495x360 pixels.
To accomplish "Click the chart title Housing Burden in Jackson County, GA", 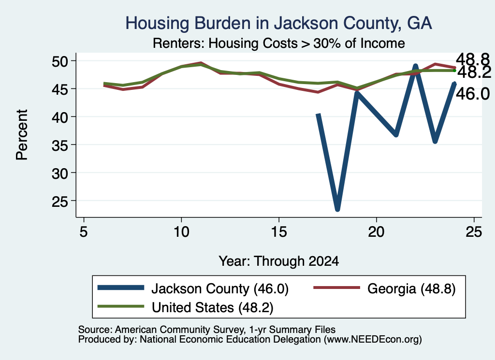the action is (278, 23).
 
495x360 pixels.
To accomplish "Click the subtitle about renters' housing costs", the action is (279, 43).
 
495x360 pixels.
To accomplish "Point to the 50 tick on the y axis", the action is (60, 61).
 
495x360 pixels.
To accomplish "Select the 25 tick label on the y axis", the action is (60, 201).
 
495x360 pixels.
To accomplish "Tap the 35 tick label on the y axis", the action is (60, 145).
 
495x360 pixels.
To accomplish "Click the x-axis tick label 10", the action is (181, 232).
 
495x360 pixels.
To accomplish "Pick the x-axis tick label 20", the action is (376, 232).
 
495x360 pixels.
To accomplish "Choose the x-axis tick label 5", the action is (84, 232).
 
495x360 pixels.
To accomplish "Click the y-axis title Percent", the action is (22, 135).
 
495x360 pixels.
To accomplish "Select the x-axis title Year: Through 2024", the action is (279, 261).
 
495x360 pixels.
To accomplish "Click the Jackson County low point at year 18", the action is (337, 209).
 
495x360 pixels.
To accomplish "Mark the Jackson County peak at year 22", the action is (415, 66).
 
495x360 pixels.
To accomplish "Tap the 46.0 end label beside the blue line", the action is (473, 94).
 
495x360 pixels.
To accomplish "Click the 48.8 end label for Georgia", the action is (473, 58).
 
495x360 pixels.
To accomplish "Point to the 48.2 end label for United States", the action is (474, 72).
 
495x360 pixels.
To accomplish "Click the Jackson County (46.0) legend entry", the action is (193, 288).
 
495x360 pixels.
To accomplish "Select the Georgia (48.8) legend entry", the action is (384, 288).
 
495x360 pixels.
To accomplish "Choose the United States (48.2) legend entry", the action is (185, 307).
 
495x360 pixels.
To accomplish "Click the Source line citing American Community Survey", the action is (207, 330).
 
